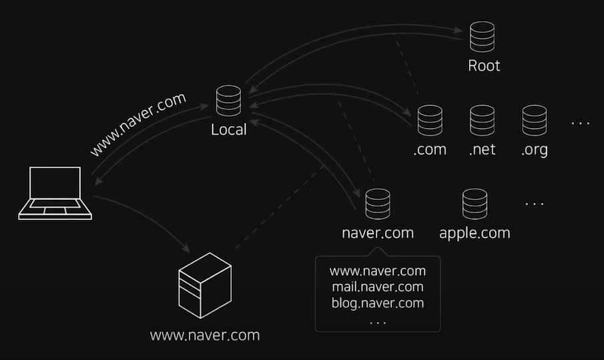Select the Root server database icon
483,37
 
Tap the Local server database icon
228,102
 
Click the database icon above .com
429,121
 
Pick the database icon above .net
482,121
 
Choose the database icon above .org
534,121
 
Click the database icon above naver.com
378,204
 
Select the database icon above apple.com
475,204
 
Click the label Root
484,65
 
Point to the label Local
228,129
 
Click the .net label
482,150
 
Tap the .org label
534,150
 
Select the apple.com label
475,233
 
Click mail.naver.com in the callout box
377,287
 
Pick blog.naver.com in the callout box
377,303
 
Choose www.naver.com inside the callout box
377,271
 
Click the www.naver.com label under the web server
204,335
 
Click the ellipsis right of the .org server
581,123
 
